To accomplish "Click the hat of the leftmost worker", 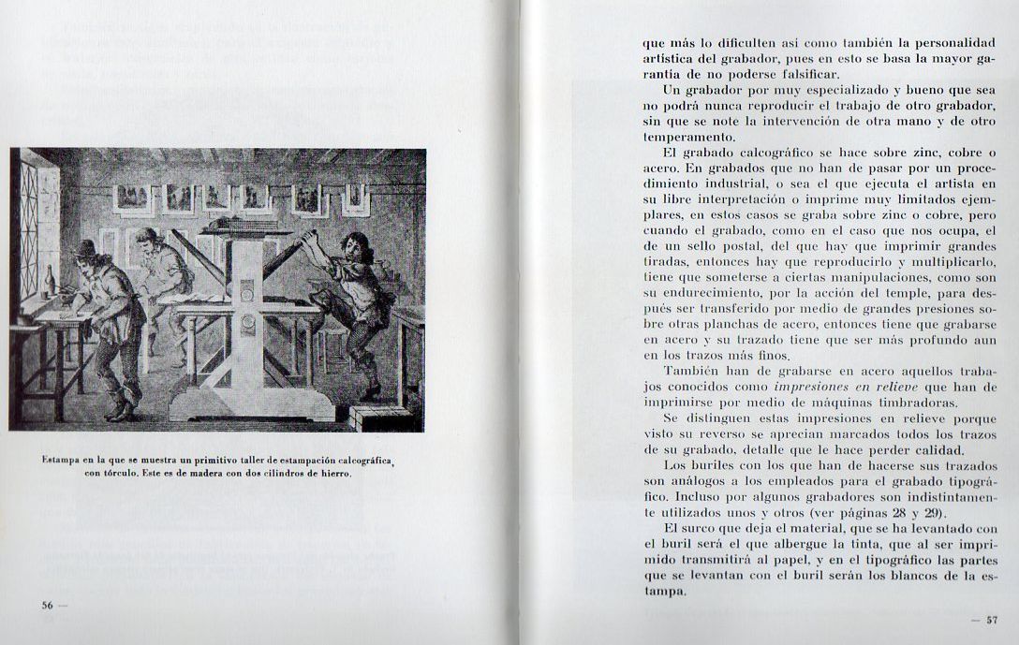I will point(86,248).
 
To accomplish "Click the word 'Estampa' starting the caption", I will point(62,459).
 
